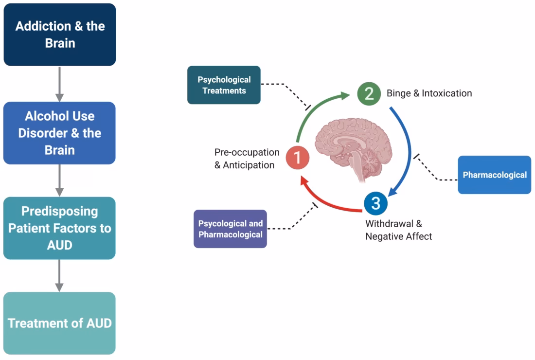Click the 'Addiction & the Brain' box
[59, 35]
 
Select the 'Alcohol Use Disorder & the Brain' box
[59, 133]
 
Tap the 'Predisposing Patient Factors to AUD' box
[59, 228]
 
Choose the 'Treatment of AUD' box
[59, 323]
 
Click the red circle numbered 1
[298, 158]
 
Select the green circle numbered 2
[369, 93]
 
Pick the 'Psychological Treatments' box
[224, 85]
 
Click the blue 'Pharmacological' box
[494, 175]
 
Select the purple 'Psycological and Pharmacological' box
[230, 229]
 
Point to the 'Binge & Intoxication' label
[429, 93]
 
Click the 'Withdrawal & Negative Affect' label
[398, 230]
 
